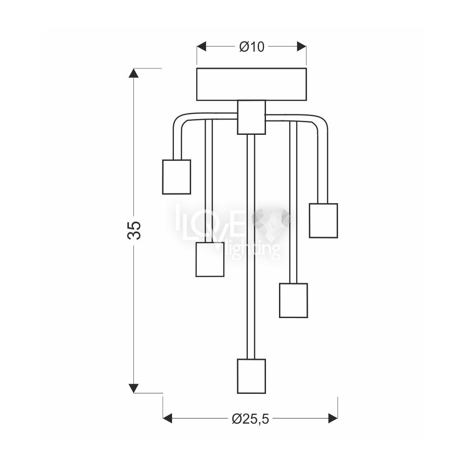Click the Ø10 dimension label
(252, 47)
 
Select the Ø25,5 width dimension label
(250, 419)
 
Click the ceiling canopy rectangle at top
(252, 84)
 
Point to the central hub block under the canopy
(252, 118)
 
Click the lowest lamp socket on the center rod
(252, 376)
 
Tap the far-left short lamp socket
(176, 177)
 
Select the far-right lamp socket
(324, 220)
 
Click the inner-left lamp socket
(210, 259)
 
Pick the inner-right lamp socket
(293, 300)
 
